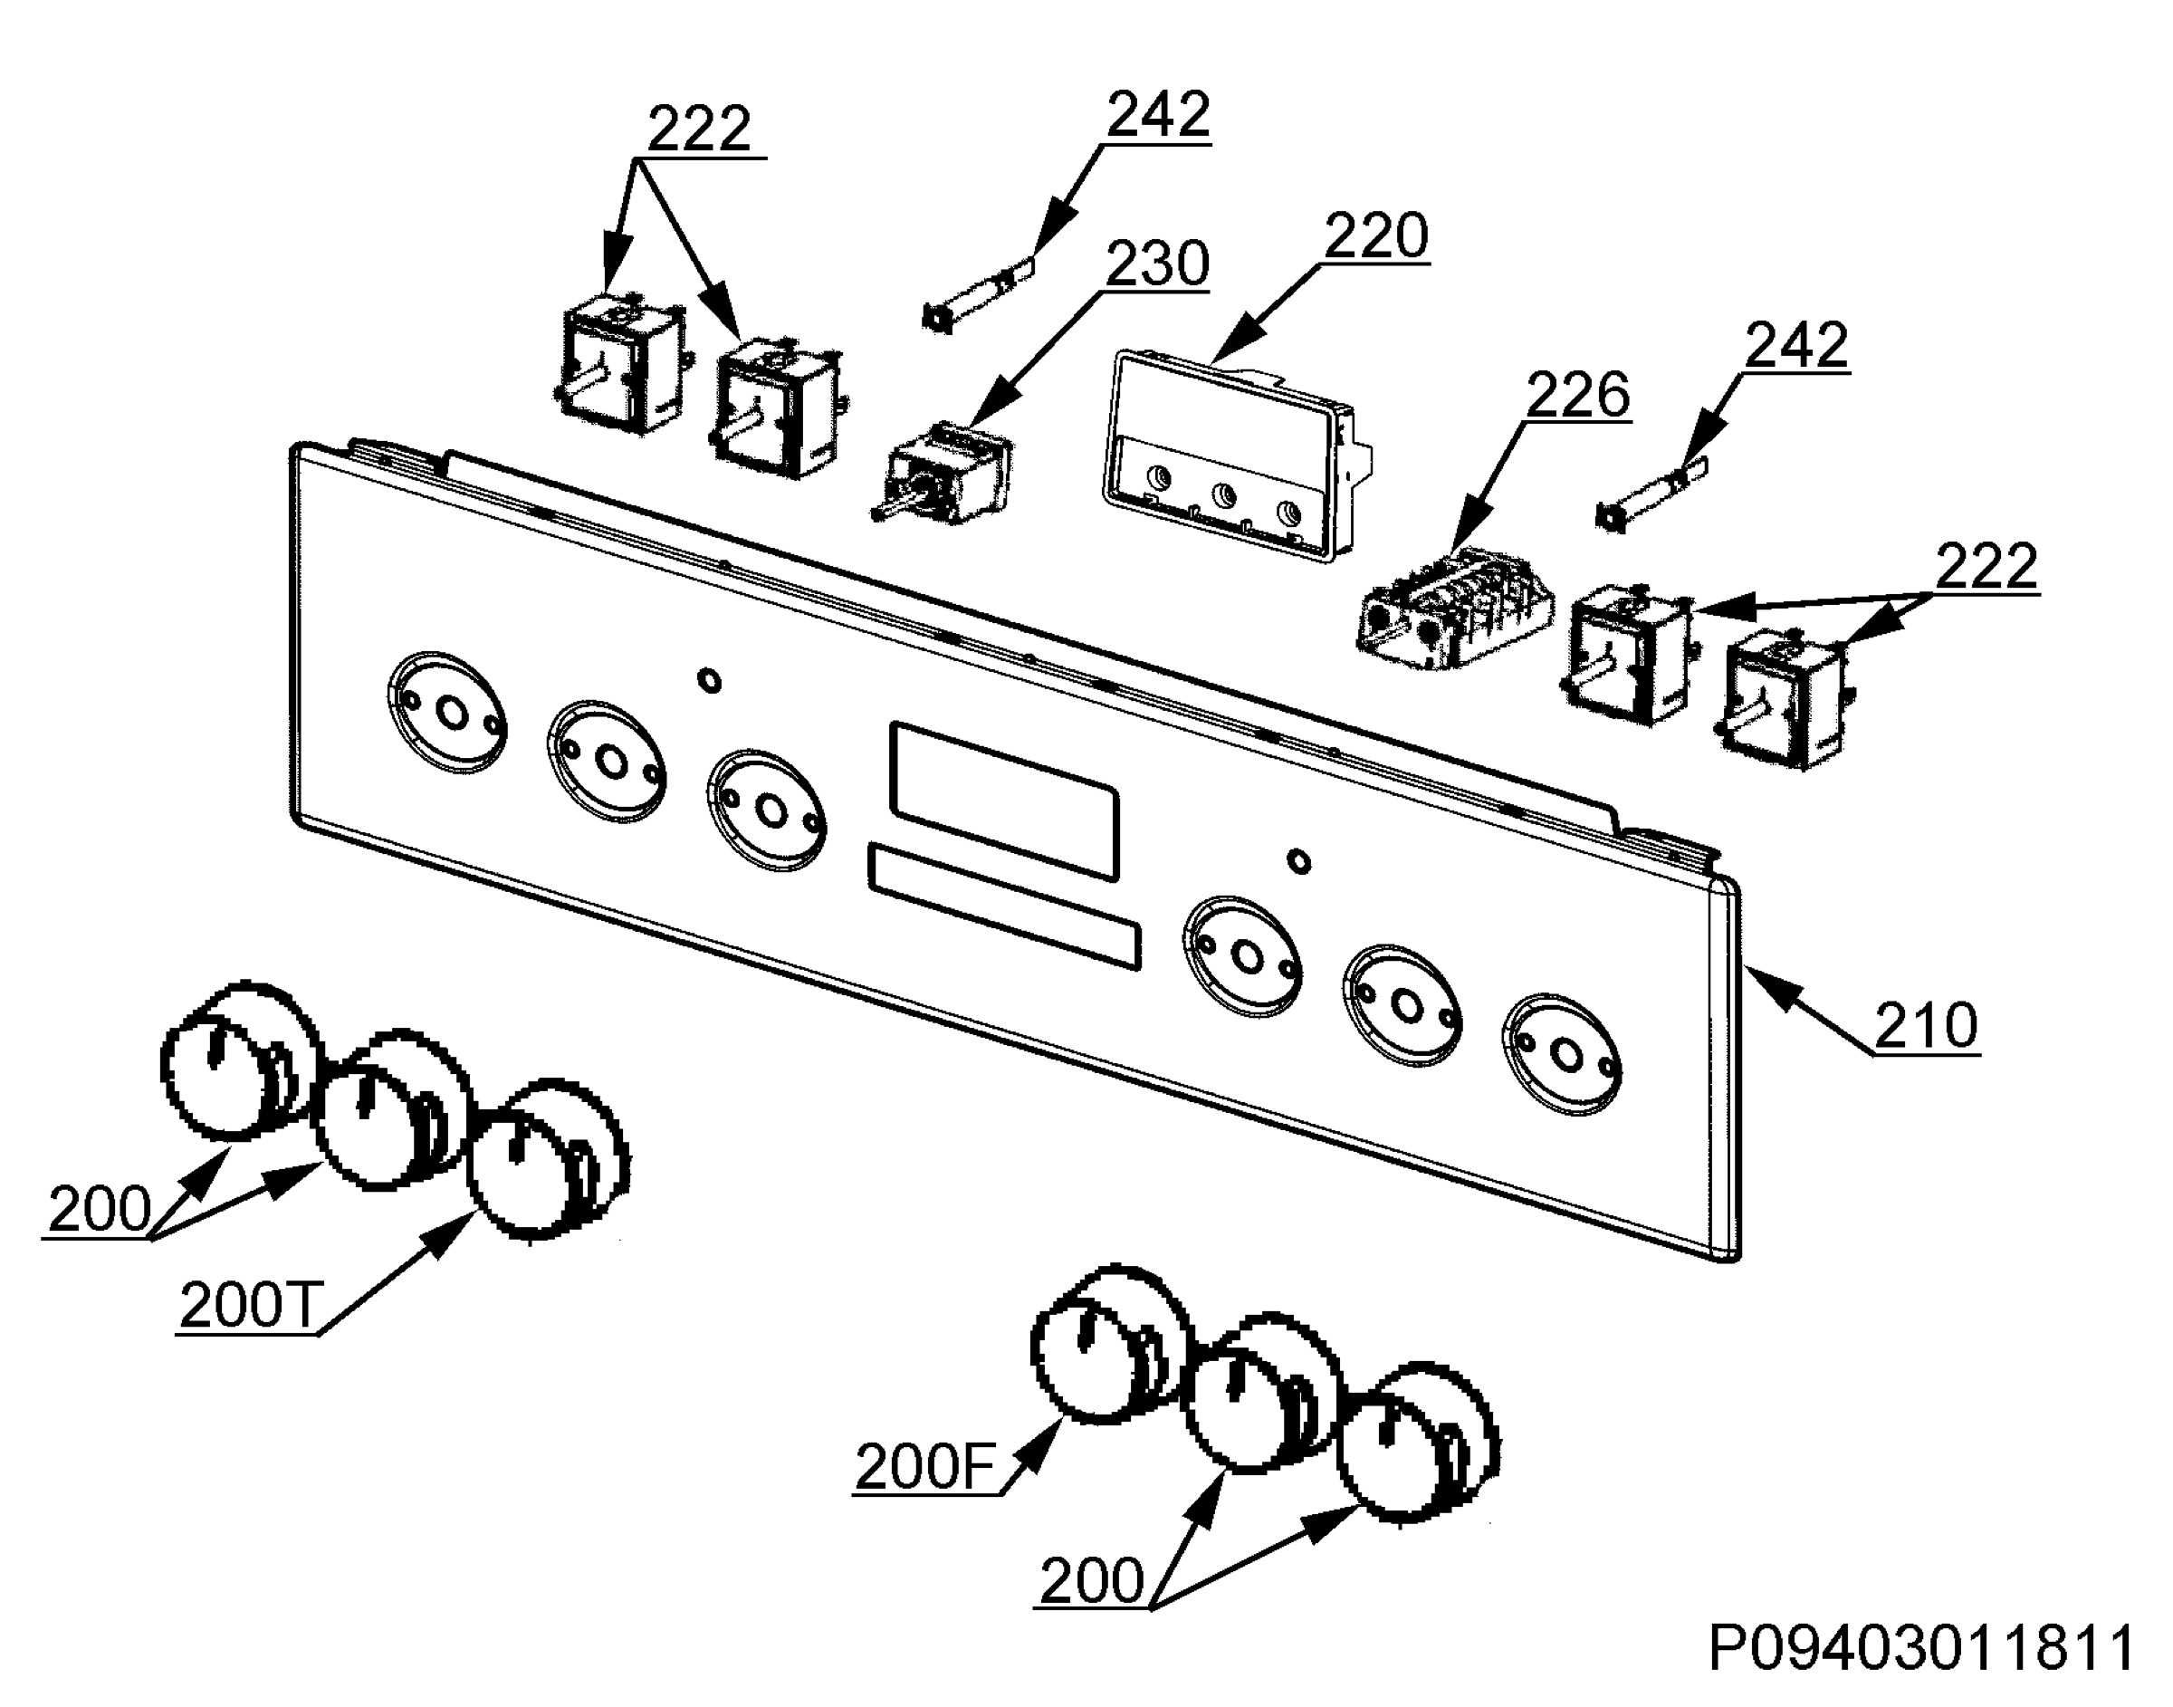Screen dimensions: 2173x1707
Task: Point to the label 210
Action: point(1925,1025)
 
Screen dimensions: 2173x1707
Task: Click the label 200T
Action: point(249,1304)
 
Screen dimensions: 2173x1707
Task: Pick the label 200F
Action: point(925,1467)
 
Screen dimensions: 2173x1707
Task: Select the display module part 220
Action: point(1237,455)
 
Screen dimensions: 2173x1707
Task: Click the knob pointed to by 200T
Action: point(549,1158)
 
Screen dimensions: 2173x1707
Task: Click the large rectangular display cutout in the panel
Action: point(1004,801)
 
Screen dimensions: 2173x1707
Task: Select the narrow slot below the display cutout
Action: point(1004,906)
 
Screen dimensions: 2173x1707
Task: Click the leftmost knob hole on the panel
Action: point(445,714)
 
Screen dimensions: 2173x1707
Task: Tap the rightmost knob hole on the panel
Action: point(1563,1053)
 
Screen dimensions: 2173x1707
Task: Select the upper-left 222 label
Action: point(699,129)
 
